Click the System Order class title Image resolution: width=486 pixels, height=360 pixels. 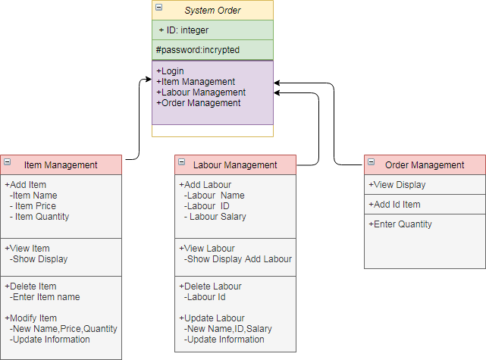213,10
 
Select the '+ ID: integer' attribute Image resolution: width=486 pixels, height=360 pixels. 183,30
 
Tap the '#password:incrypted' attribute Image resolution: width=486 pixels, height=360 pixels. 197,49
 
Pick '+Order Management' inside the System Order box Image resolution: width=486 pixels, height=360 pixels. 199,103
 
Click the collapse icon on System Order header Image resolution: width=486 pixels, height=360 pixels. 158,7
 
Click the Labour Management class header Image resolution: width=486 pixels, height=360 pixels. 235,164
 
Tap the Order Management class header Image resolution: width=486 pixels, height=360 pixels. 425,164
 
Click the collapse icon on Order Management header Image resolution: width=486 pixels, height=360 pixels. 371,161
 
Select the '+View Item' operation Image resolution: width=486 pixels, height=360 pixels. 27,249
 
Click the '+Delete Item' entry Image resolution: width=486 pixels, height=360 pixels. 30,286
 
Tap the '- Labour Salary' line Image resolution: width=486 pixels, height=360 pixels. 215,217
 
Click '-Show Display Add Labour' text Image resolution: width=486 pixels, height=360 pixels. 237,259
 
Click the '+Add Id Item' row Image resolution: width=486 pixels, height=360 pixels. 394,205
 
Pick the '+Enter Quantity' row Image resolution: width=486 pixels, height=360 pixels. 400,224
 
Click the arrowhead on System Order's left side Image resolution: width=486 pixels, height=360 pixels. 149,78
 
